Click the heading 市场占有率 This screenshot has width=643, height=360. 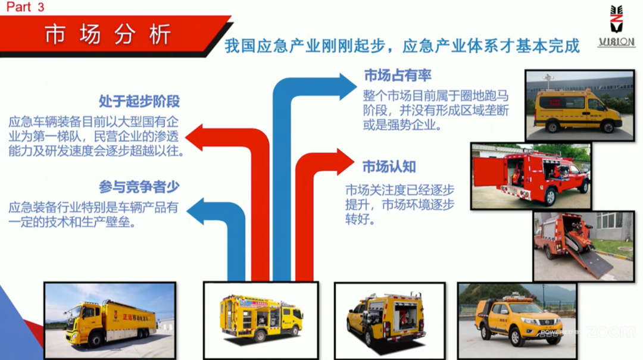(397, 76)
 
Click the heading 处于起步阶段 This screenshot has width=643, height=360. (139, 101)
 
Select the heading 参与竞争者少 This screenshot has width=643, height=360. (139, 187)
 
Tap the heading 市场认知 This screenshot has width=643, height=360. (389, 167)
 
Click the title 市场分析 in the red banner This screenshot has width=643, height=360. (107, 35)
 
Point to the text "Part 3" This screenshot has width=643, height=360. (26, 7)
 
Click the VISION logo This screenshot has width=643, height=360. (616, 26)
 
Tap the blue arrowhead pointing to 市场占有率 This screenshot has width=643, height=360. (347, 87)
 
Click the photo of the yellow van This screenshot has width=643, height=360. (580, 105)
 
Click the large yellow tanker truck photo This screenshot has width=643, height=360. (110, 320)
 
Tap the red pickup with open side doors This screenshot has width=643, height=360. (530, 176)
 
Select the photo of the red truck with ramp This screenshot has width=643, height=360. (583, 246)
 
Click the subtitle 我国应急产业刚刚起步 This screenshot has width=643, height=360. (306, 46)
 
